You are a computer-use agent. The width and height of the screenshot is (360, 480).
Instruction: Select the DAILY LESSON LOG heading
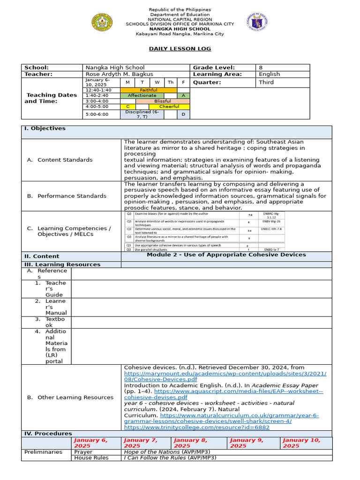tap(180, 49)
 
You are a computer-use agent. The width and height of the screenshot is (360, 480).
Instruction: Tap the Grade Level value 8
tap(261, 67)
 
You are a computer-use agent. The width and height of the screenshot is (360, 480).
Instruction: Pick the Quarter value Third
tap(266, 82)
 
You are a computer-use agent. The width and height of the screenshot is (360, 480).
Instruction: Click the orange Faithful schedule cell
tap(149, 90)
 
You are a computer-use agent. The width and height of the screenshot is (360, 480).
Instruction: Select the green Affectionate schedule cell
tap(142, 95)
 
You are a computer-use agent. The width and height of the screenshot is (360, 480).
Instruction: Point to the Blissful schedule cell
tap(163, 101)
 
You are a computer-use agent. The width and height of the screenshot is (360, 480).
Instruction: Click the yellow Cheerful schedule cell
tap(169, 106)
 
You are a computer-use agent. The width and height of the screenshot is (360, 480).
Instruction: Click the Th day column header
tap(171, 82)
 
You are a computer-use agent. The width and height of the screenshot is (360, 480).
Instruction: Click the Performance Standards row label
tap(72, 196)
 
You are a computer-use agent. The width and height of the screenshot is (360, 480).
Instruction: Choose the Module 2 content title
tap(226, 255)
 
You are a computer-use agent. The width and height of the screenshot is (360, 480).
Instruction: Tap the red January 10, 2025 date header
tap(301, 443)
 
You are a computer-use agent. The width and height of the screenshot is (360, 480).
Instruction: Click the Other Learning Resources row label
tap(75, 397)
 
